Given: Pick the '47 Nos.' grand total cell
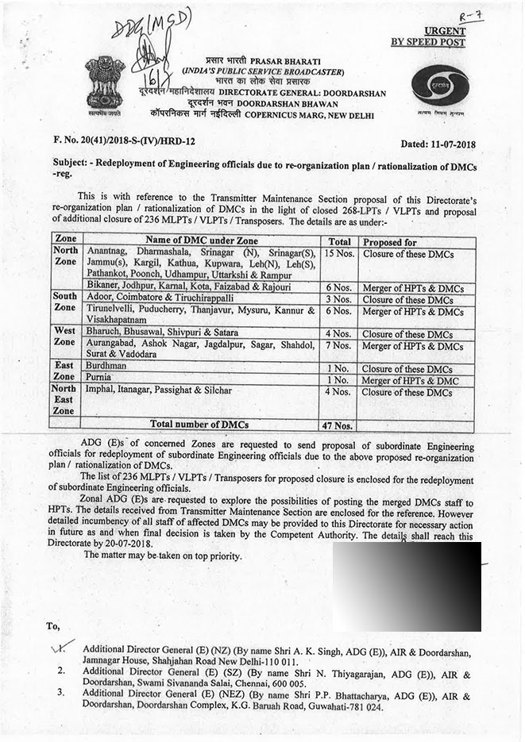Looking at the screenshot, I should (x=340, y=425).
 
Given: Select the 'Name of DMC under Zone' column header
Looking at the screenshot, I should (x=201, y=241).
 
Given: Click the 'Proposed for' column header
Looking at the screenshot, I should (x=389, y=241).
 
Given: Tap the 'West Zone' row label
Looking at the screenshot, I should (x=64, y=337).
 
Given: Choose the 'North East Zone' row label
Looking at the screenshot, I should (x=64, y=399).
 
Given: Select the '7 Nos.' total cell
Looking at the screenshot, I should (x=340, y=346).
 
